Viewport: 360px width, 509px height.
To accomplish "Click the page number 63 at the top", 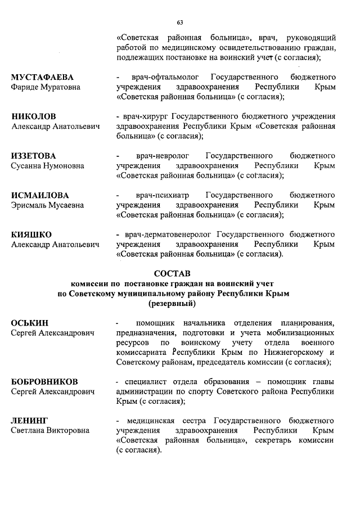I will [180, 22].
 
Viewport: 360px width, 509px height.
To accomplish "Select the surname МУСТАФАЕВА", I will [43, 77].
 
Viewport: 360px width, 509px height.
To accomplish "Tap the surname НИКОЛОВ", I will [34, 116].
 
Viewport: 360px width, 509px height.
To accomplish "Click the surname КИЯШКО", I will [32, 235].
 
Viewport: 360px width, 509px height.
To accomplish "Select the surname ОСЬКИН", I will [30, 323].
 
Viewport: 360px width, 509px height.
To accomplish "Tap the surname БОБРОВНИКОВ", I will [44, 382].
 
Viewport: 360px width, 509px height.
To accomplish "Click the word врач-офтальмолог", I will [159, 77].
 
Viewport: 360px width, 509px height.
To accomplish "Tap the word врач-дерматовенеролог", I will [169, 235].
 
